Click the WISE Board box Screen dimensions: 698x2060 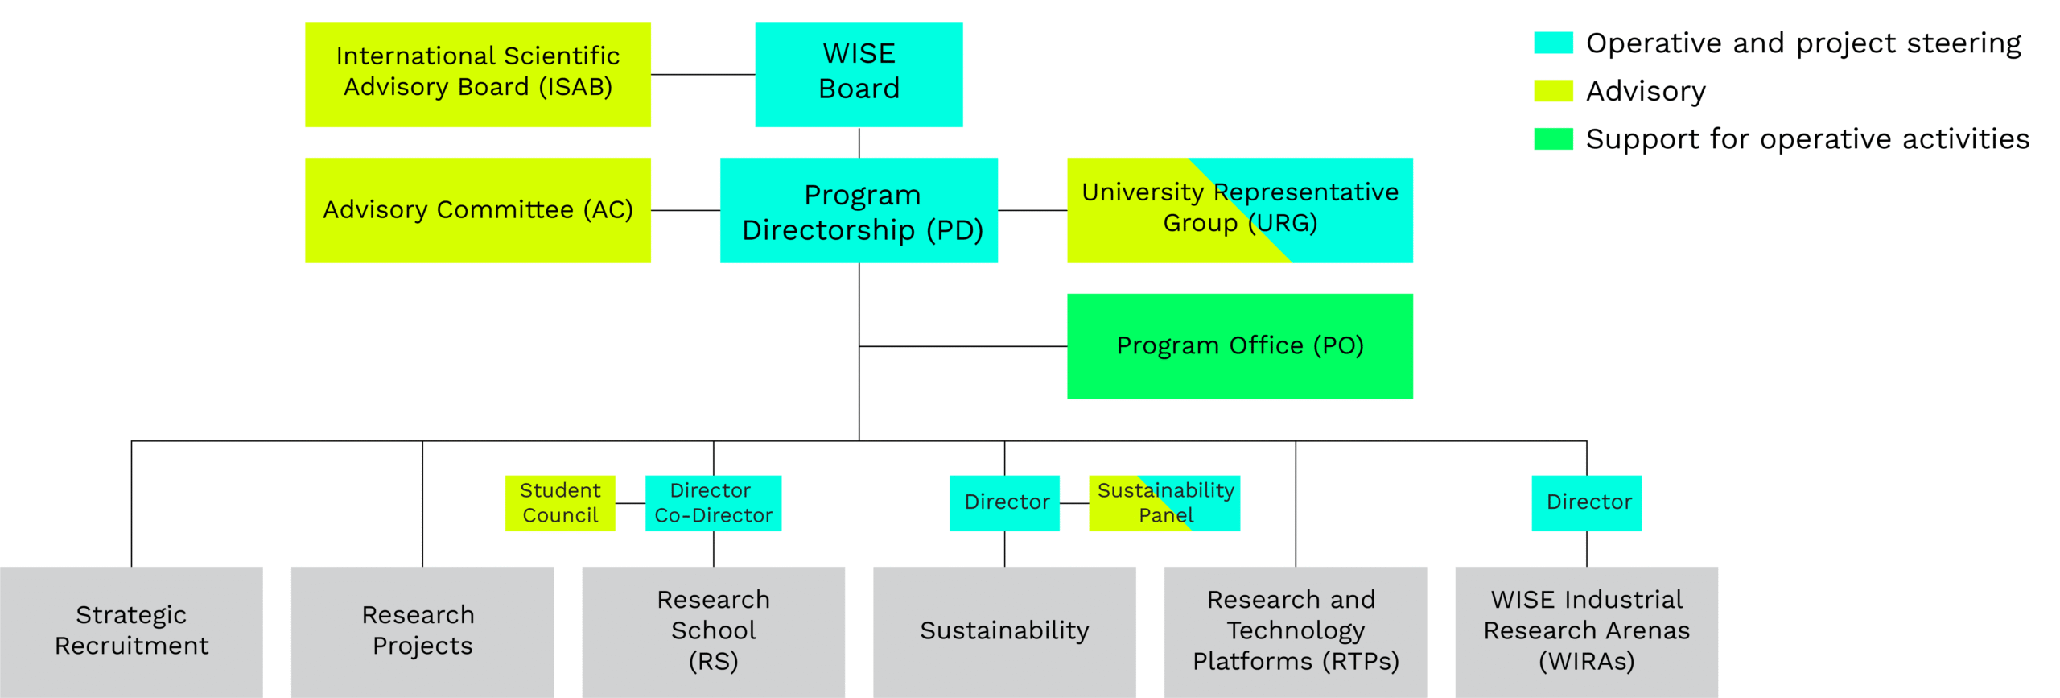point(858,73)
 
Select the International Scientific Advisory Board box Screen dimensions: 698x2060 point(477,73)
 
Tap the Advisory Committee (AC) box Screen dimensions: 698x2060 point(477,209)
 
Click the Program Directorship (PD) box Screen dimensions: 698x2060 point(858,209)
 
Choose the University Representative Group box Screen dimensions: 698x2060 point(1239,209)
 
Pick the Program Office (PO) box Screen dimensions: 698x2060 point(1239,345)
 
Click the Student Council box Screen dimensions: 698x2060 point(559,502)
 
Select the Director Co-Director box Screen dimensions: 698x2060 point(713,502)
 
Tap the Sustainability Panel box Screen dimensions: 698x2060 point(1164,502)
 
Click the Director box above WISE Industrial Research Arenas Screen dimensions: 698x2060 point(1586,502)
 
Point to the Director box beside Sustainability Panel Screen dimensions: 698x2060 point(1003,502)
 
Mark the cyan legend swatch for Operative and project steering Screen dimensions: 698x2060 point(1552,43)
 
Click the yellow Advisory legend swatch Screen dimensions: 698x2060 point(1552,91)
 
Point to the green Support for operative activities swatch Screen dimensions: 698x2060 point(1552,138)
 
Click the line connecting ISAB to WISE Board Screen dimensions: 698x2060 point(702,74)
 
